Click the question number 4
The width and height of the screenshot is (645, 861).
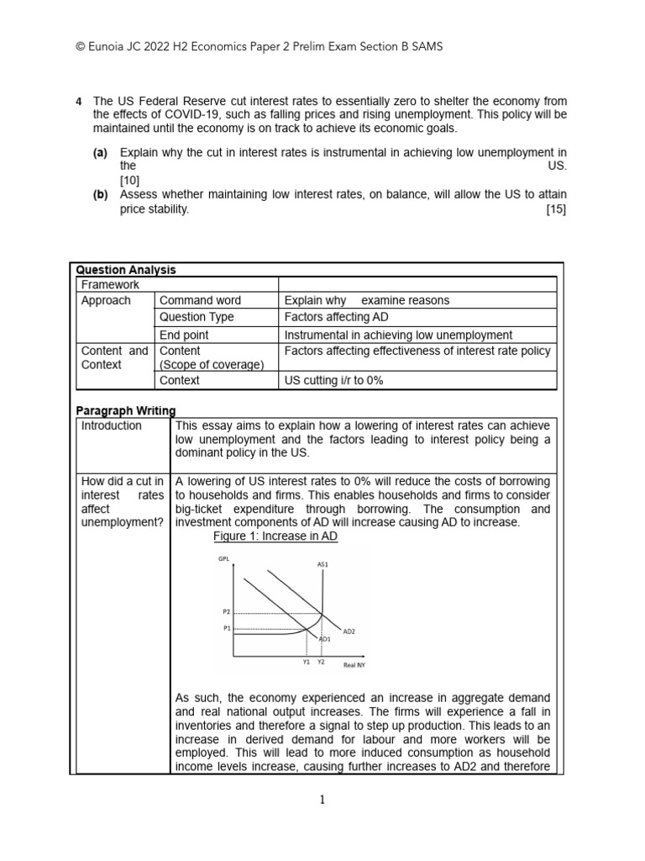tap(79, 102)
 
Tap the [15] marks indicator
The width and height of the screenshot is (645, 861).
tap(556, 210)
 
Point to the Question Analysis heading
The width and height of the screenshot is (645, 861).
tap(126, 270)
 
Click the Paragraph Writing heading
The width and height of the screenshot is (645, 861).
tap(126, 410)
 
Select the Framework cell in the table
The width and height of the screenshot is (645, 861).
tap(109, 285)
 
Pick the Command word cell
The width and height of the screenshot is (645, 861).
tap(200, 300)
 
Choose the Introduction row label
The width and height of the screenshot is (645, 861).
tap(112, 425)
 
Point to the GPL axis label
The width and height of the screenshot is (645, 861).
tap(223, 557)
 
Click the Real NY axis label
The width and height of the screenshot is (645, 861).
tap(354, 665)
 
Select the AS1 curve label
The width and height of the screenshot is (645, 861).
tap(322, 564)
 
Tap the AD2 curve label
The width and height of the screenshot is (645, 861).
tap(350, 630)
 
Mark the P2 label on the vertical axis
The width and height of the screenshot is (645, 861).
tap(226, 612)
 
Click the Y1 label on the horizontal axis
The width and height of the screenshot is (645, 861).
tap(307, 662)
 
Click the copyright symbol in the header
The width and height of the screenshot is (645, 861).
tap(81, 47)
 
